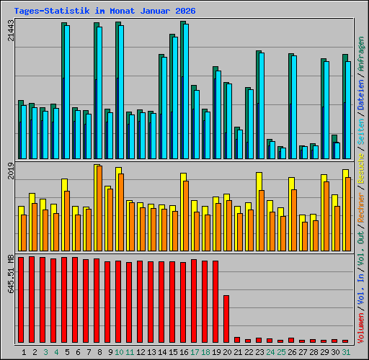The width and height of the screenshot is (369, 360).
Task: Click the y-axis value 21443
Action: tap(10, 30)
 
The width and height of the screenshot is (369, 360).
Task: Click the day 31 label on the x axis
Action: tap(346, 351)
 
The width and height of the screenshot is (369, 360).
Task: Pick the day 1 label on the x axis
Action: tap(25, 351)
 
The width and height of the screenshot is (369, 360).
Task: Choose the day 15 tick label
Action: tap(173, 351)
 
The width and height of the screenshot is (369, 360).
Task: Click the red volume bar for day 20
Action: tap(226, 319)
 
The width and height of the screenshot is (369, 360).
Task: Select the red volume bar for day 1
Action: tap(21, 300)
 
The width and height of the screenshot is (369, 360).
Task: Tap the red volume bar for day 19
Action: tap(215, 302)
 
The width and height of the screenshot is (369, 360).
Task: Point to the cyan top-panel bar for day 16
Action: tap(185, 91)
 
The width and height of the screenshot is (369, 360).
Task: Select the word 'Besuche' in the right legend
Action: tap(360, 166)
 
